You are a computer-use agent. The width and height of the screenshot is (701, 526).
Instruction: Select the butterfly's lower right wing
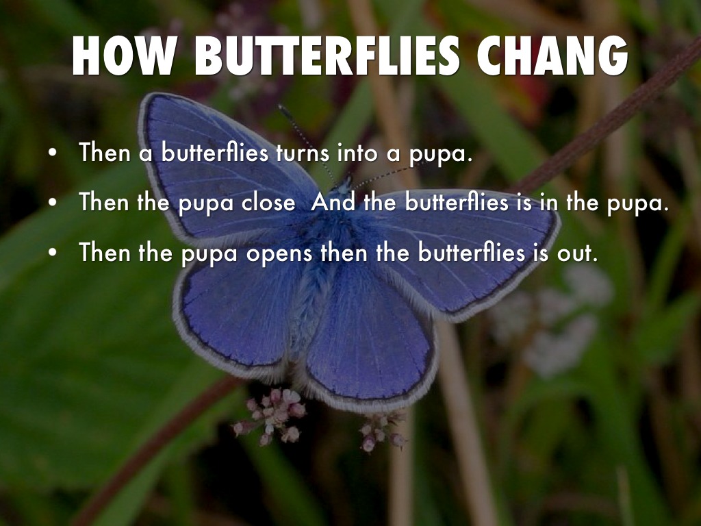pyautogui.click(x=370, y=342)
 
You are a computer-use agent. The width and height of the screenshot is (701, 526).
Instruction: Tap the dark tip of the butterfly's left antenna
pyautogui.click(x=281, y=108)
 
